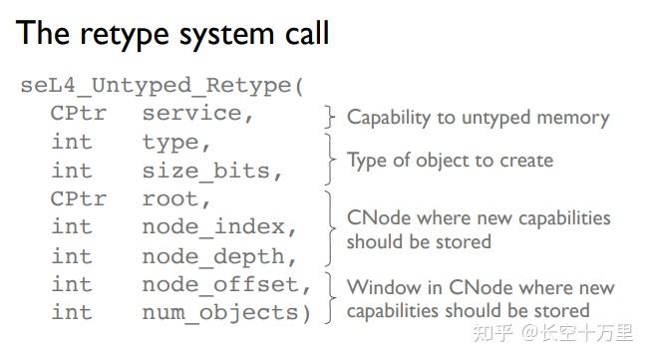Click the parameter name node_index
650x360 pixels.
point(218,228)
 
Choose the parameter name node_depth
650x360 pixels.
point(218,256)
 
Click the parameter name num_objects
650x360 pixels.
point(219,313)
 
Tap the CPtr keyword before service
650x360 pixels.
point(78,114)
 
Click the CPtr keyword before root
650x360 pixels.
point(78,199)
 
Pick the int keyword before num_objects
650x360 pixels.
point(71,313)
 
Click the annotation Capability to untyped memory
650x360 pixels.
point(478,118)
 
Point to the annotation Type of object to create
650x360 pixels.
point(449,160)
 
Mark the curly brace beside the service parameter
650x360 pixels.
point(330,117)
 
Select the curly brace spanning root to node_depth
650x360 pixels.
point(330,228)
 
